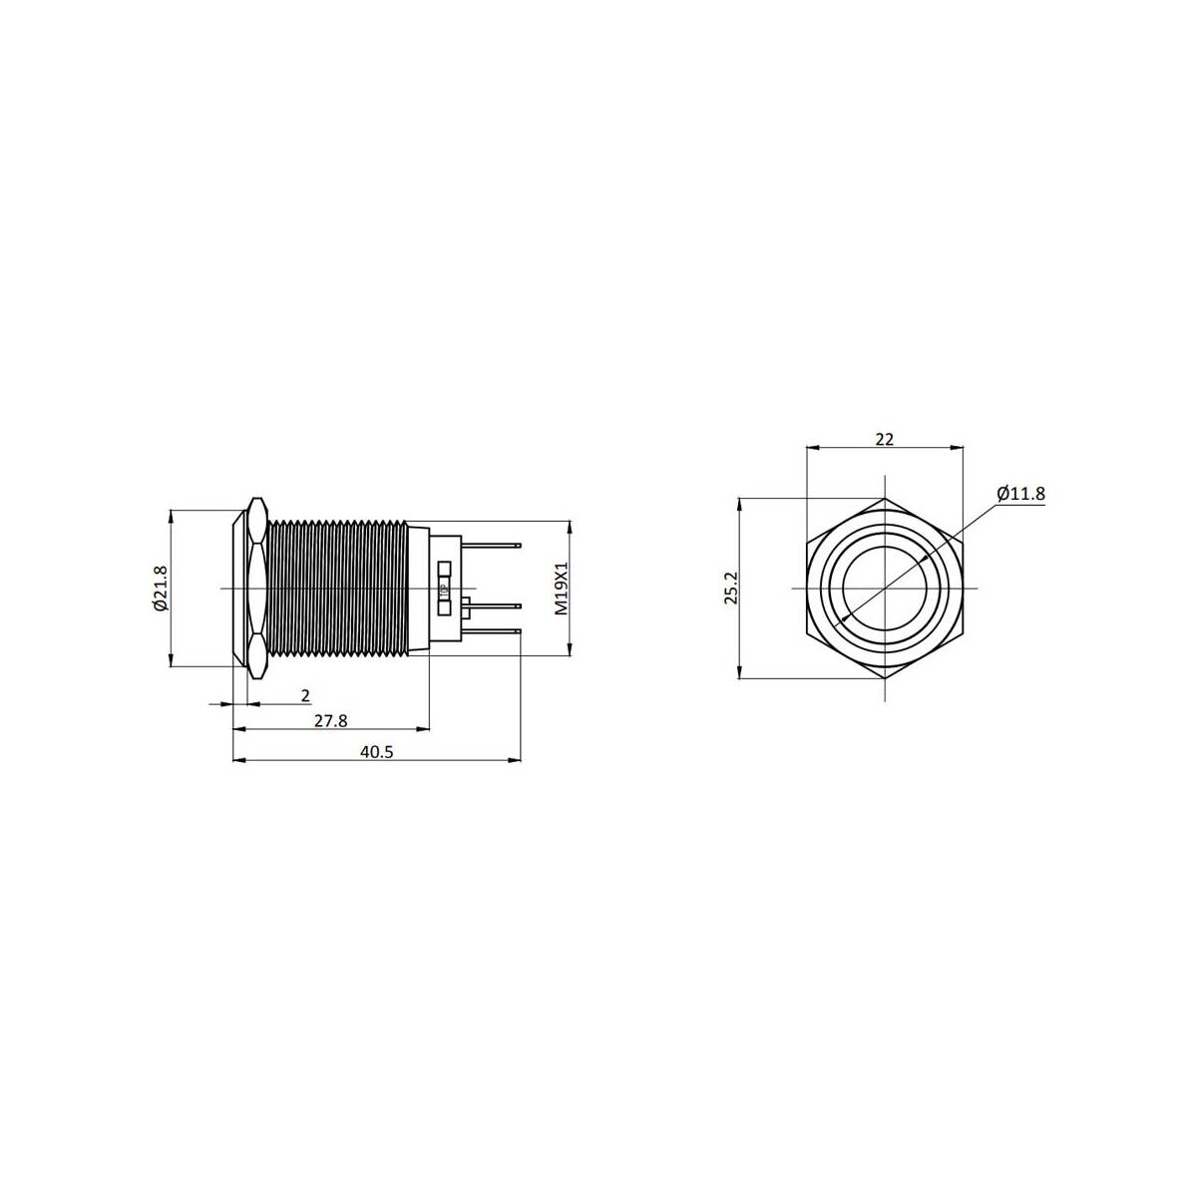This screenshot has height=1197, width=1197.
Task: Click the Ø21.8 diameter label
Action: point(161,588)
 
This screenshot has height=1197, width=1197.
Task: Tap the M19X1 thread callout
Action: point(562,589)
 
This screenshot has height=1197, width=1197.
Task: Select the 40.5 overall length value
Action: point(377,752)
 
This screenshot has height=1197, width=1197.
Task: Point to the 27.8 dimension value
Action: point(330,720)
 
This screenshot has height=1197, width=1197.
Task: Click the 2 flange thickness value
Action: point(305,695)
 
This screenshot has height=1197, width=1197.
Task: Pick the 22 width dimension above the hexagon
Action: point(884,439)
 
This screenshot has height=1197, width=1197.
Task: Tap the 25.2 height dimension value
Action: point(732,588)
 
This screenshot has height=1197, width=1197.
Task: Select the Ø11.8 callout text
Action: point(1021,494)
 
